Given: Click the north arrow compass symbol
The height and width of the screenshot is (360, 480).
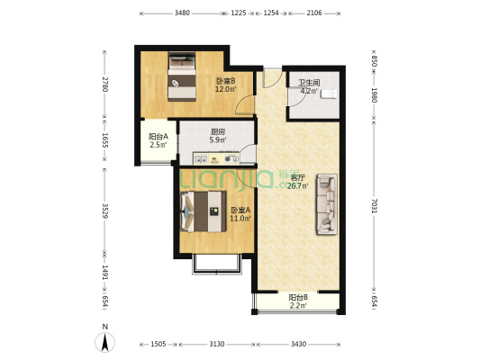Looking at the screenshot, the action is tap(105, 342).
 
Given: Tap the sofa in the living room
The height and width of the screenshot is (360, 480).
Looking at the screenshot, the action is tap(327, 204).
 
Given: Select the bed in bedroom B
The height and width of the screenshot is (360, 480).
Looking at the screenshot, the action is tap(182, 76).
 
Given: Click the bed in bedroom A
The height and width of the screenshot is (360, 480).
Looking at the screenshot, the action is tap(204, 211).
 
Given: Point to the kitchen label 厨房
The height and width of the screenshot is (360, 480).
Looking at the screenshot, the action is tap(218, 132).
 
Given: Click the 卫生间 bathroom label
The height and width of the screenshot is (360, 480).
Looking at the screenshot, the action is tap(309, 83).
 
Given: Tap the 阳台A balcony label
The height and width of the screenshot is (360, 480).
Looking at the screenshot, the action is tap(158, 137).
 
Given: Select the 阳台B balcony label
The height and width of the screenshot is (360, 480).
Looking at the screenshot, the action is tap(298, 297).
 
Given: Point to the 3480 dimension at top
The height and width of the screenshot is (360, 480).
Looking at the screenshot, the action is tap(182, 13).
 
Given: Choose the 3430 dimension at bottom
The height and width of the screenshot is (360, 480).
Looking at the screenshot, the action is tap(298, 345).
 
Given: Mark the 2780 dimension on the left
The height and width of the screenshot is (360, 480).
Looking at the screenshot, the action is tap(104, 85).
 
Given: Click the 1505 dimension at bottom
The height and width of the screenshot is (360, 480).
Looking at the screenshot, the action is tap(158, 345).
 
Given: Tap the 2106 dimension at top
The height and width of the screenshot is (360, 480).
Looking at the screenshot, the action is tap(314, 13).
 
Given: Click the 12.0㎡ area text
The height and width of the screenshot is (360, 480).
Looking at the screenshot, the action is tap(226, 90).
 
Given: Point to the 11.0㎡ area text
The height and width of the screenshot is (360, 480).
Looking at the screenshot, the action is tap(240, 219).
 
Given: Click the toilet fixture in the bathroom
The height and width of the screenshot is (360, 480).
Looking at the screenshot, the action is tap(329, 94).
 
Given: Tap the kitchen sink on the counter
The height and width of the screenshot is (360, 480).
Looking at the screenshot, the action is tap(201, 159).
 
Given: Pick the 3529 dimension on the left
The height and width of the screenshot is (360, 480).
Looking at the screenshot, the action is tap(104, 211).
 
